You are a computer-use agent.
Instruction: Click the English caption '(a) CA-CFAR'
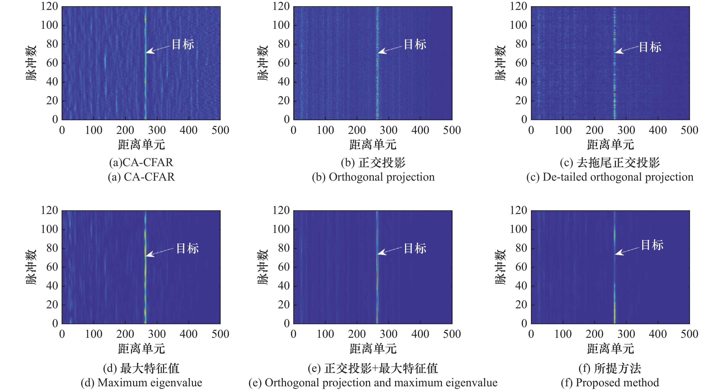[x=141, y=177]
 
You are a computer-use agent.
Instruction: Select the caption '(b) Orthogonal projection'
[x=373, y=177]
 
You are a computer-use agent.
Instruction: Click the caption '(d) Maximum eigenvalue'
[x=141, y=383]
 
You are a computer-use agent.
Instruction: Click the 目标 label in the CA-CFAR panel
[x=183, y=44]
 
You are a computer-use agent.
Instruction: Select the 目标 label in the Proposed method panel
[x=652, y=245]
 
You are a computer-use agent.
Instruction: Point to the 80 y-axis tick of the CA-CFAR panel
[x=52, y=44]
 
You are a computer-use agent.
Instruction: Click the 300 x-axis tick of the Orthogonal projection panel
[x=388, y=130]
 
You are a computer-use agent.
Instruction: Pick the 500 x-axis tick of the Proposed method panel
[x=689, y=334]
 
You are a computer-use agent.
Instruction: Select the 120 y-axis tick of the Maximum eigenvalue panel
[x=49, y=211]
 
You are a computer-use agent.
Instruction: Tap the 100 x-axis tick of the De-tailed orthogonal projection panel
[x=563, y=130]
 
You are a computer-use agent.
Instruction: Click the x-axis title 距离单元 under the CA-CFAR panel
[x=141, y=145]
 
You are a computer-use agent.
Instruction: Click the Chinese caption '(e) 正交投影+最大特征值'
[x=373, y=368]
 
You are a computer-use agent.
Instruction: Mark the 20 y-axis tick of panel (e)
[x=284, y=305]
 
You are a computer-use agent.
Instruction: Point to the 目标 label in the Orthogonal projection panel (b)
[x=415, y=44]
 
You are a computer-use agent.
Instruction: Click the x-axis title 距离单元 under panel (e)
[x=373, y=349]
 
